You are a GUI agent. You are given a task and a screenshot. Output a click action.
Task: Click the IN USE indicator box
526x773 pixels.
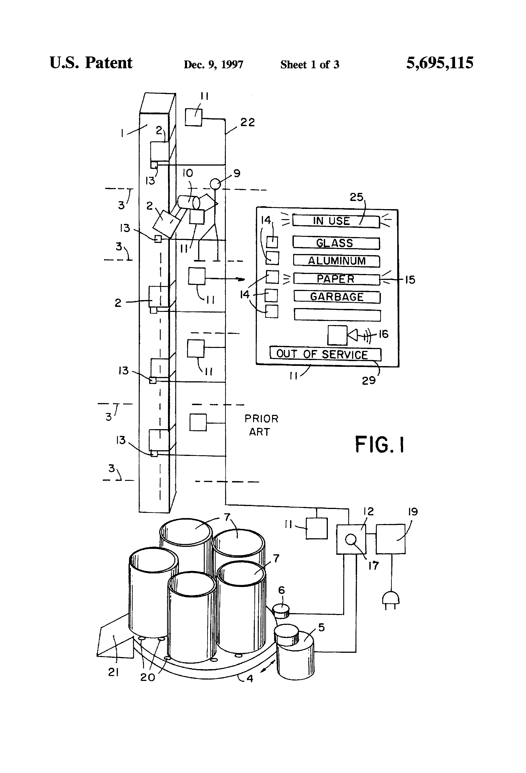click(x=336, y=221)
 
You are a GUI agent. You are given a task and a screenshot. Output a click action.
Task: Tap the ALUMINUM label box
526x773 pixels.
click(x=336, y=261)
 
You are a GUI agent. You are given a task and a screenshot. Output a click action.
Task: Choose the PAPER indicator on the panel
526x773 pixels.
click(x=336, y=279)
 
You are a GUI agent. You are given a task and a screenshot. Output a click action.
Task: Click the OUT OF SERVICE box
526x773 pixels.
click(x=325, y=354)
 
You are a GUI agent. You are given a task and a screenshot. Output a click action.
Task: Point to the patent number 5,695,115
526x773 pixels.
click(x=440, y=63)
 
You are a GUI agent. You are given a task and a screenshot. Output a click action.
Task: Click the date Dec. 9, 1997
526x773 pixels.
click(x=213, y=64)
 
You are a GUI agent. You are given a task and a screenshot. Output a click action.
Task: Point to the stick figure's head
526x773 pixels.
click(x=215, y=183)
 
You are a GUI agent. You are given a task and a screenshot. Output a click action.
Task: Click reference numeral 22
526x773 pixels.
click(x=247, y=122)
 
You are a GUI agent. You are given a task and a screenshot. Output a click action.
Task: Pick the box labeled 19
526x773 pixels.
click(x=390, y=539)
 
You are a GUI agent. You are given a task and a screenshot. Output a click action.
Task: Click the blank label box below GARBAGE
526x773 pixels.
click(x=337, y=315)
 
